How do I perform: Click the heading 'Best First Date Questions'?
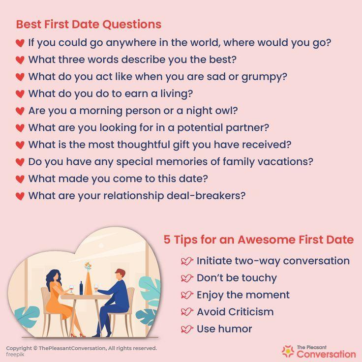point(89,24)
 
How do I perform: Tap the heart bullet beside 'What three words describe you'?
point(20,60)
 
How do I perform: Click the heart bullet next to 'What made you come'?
point(20,179)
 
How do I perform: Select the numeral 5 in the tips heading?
point(167,240)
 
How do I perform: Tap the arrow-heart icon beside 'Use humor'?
point(187,329)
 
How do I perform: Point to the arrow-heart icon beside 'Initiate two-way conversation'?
point(187,261)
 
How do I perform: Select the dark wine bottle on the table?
point(81,288)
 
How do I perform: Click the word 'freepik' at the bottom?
point(15,354)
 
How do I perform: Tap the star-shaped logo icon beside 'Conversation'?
point(288,351)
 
